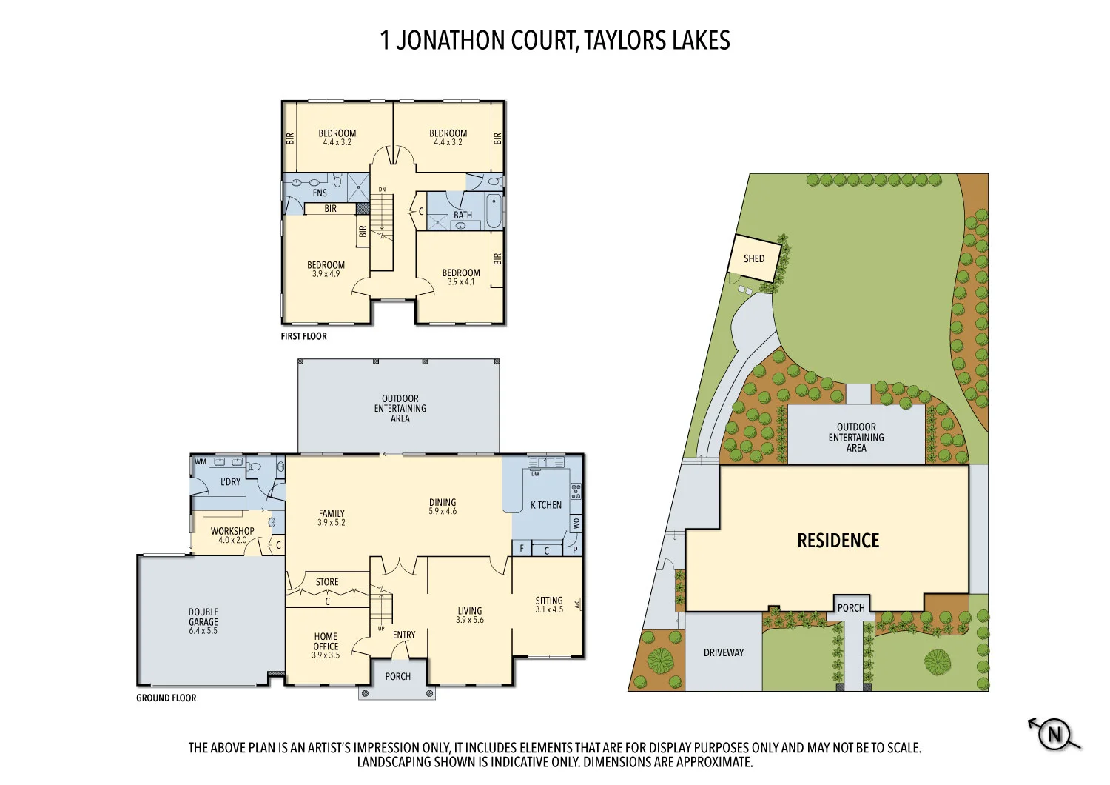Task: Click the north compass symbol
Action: point(1054,735)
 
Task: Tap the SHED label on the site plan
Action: point(754,258)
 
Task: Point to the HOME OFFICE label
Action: point(326,641)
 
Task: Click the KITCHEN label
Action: point(546,505)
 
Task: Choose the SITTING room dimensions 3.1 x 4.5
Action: point(549,609)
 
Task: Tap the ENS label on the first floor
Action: point(320,193)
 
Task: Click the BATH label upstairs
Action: point(462,215)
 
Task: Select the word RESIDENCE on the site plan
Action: point(838,541)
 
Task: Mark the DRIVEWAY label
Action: point(724,652)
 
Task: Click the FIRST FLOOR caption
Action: point(303,336)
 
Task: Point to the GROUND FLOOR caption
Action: point(166,698)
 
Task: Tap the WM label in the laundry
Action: point(201,461)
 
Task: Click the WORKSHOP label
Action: point(232,531)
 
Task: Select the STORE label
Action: point(327,582)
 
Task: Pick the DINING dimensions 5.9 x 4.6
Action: point(443,511)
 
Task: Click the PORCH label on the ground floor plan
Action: point(398,676)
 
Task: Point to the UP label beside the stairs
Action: point(381,629)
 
